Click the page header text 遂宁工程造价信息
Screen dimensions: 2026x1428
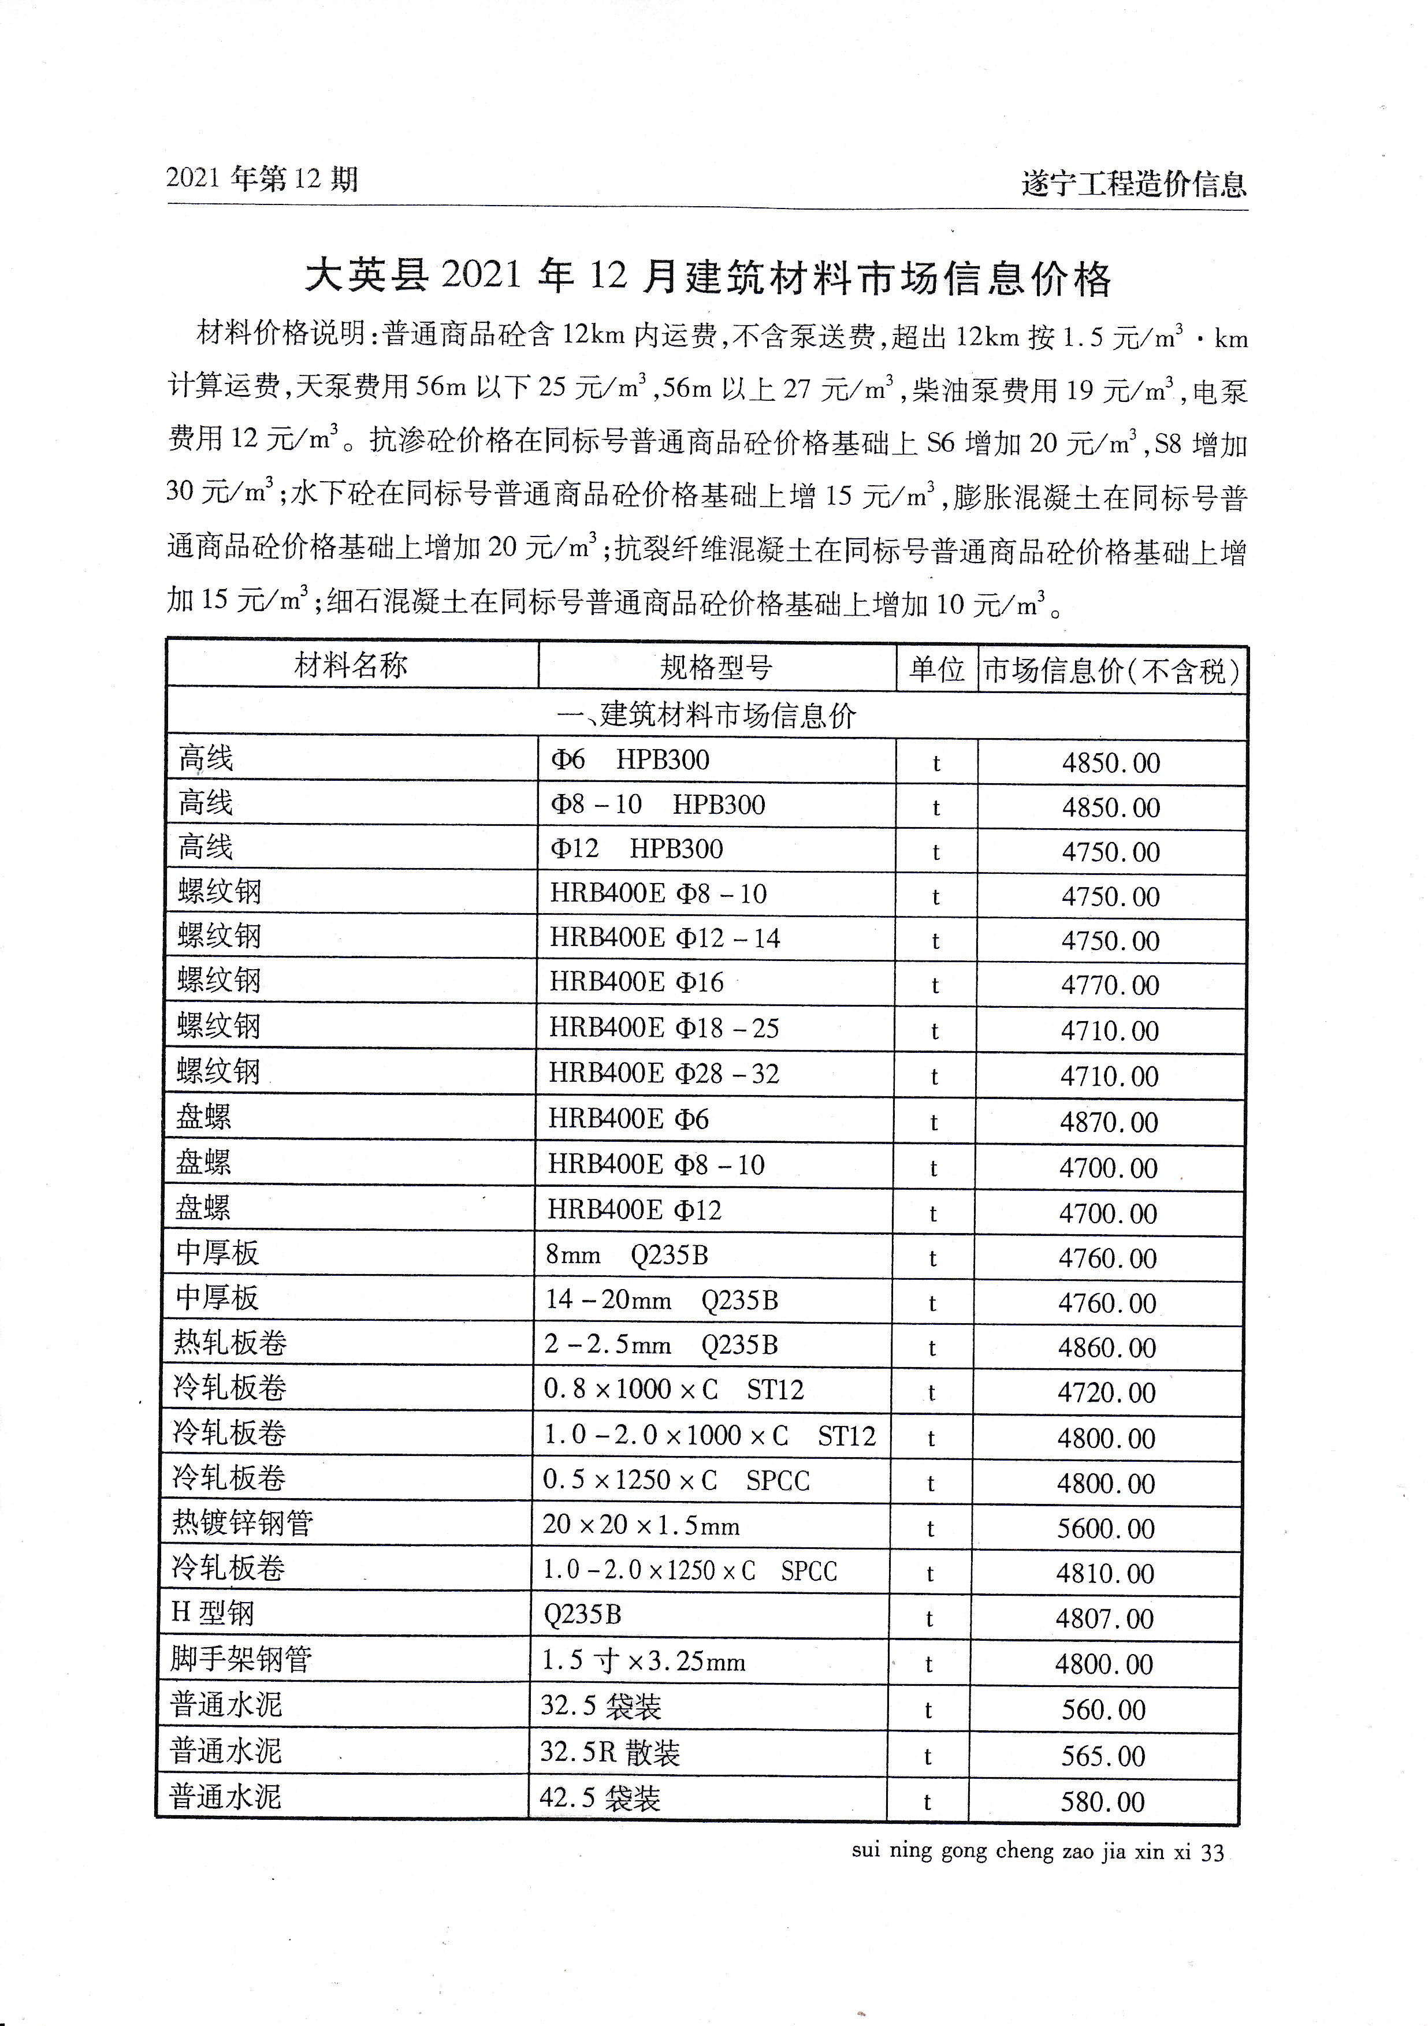point(1133,184)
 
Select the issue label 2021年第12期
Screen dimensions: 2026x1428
point(262,179)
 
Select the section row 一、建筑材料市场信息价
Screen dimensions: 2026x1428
point(706,716)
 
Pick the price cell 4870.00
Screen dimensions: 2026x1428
point(1109,1122)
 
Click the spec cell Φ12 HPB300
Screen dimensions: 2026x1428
point(637,849)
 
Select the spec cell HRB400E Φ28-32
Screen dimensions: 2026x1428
point(664,1074)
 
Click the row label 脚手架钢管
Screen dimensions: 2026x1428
point(241,1659)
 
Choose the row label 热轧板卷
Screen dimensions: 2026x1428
point(229,1343)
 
